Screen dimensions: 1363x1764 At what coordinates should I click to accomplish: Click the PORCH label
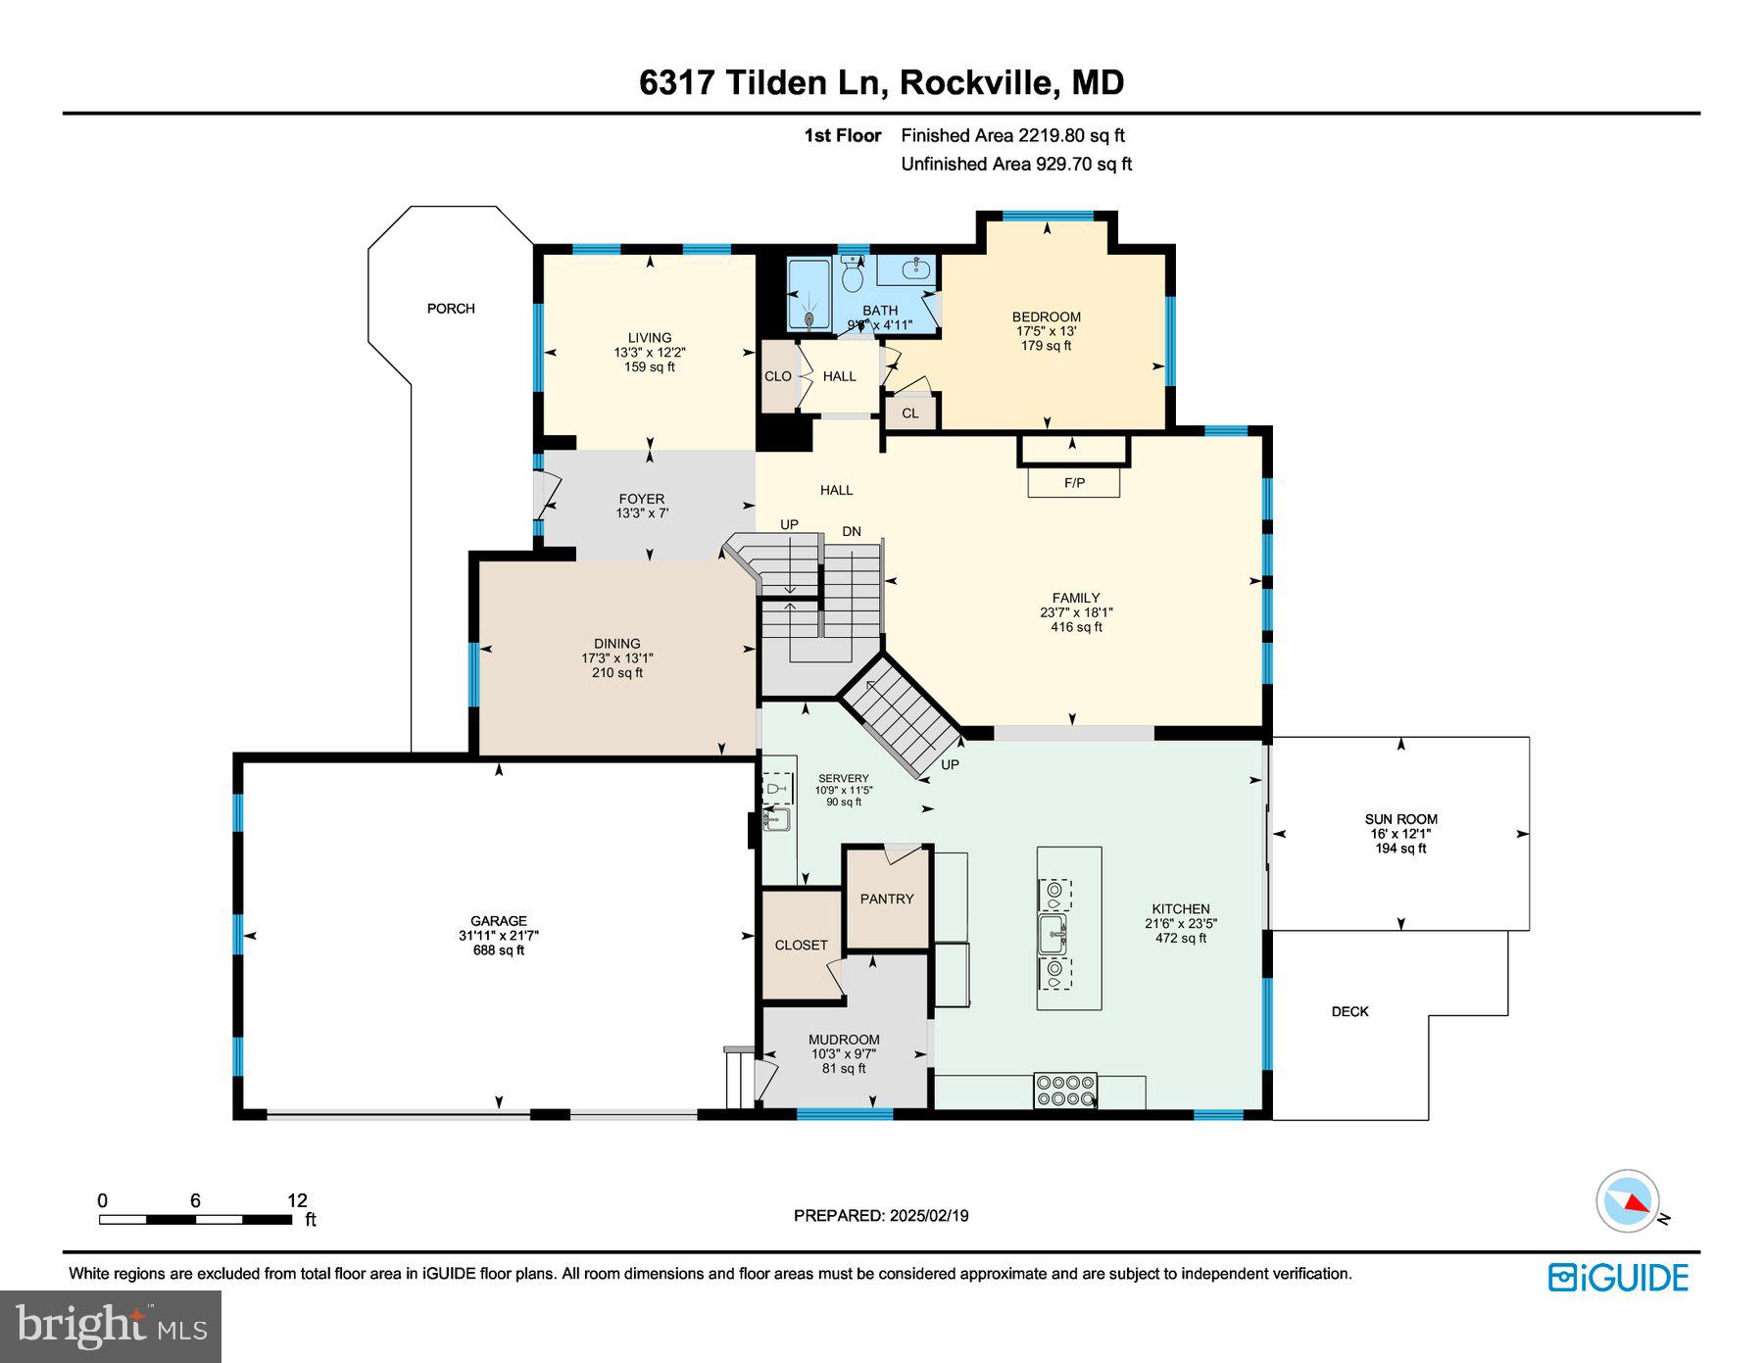(451, 309)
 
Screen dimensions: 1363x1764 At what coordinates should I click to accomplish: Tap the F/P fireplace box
(1074, 482)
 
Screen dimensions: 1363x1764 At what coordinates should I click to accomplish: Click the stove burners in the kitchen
(1065, 1091)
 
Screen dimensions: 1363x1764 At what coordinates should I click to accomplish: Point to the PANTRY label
(887, 899)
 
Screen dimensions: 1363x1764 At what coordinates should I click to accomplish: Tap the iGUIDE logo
(1618, 1278)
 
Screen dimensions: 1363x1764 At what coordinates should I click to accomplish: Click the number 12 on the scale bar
(297, 1200)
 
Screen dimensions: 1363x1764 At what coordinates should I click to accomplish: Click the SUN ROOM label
(1400, 819)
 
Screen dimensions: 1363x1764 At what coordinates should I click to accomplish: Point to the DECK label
(1349, 1011)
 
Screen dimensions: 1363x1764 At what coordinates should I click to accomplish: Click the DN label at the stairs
(852, 531)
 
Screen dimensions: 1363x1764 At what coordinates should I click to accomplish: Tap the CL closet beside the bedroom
(910, 413)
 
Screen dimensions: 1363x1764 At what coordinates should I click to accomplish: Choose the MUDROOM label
(844, 1040)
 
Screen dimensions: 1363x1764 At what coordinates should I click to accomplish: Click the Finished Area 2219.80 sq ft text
(1012, 135)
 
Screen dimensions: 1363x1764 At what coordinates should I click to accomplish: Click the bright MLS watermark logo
(111, 1326)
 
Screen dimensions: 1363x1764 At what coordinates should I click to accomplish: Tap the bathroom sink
(915, 268)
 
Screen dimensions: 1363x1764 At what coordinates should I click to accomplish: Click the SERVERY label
(843, 779)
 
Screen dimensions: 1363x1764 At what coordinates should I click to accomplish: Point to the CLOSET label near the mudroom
(801, 945)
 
